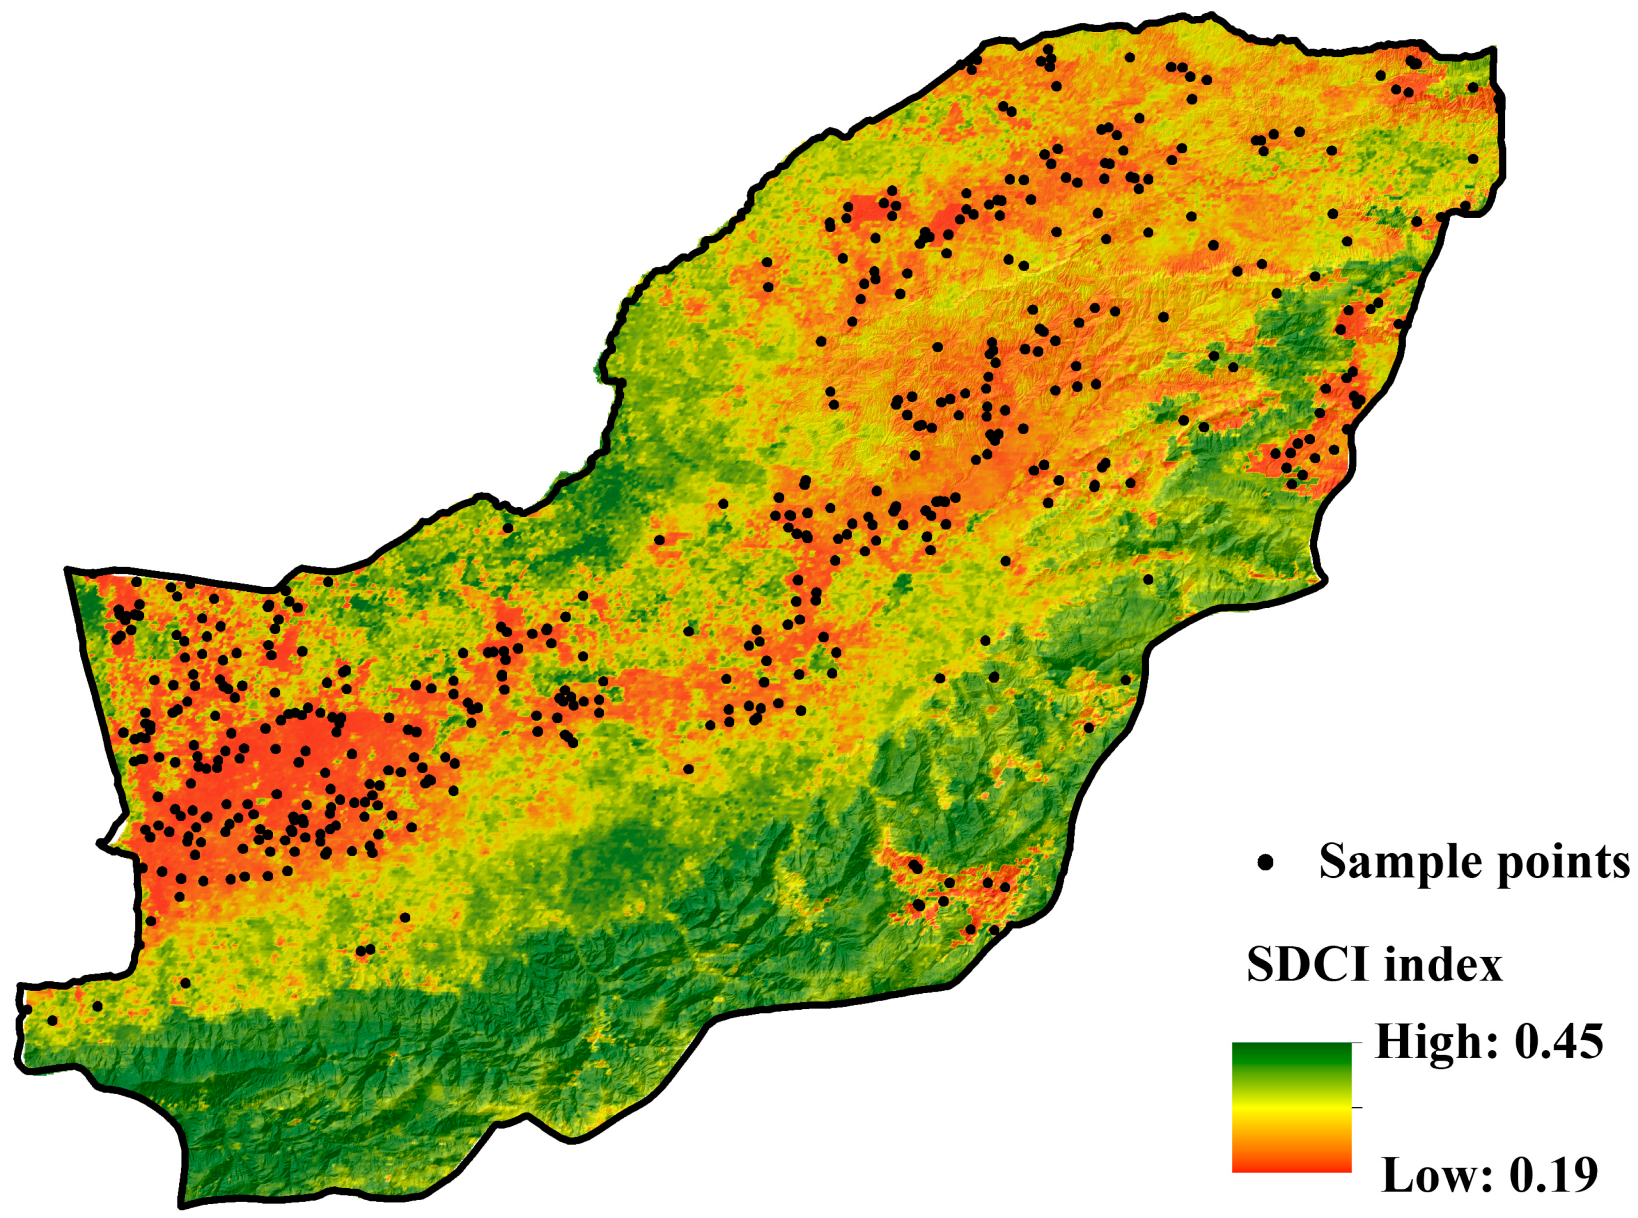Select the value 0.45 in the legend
[1558, 1043]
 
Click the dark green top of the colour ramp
[1291, 1050]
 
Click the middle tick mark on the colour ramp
[1357, 1107]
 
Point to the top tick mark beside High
[1357, 1043]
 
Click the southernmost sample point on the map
[52, 1020]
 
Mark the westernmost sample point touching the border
[28, 1009]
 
